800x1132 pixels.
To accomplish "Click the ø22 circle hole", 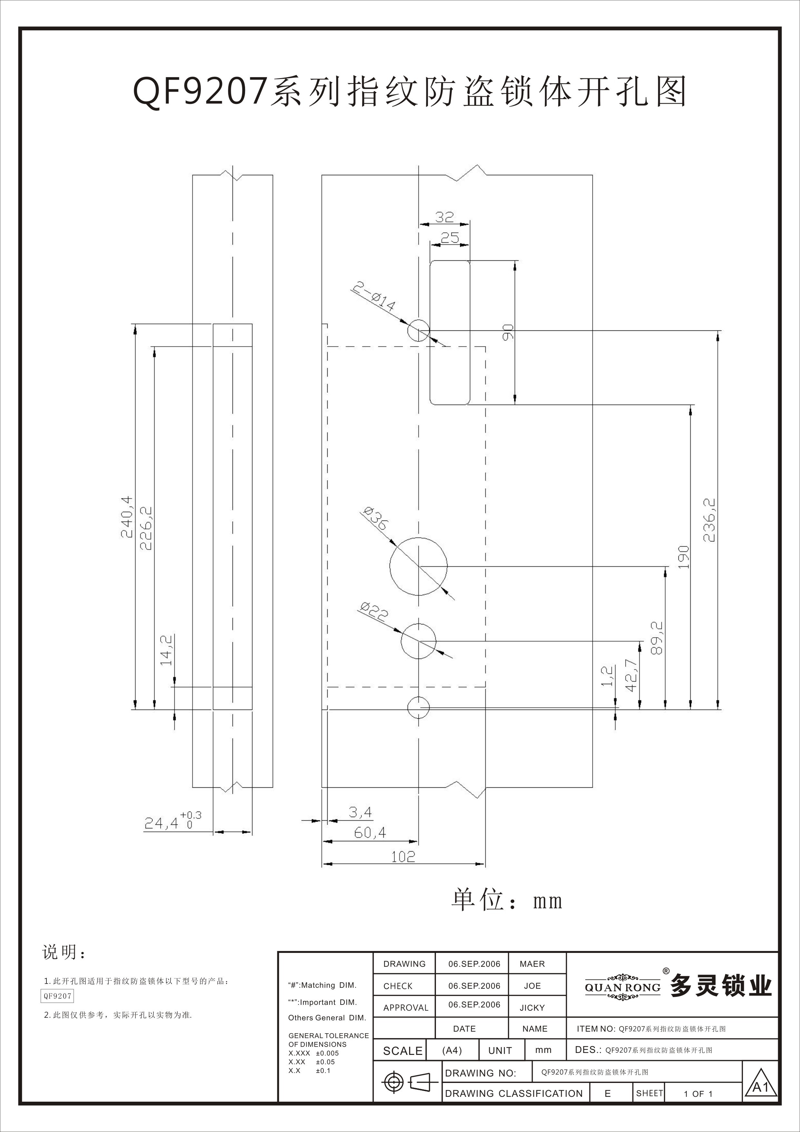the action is click(401, 641).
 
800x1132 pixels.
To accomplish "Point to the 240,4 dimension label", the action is click(127, 517).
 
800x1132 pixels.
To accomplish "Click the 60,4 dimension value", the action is click(370, 833).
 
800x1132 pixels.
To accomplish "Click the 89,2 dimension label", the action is click(657, 638).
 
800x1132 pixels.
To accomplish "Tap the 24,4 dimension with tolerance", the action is click(173, 821).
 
